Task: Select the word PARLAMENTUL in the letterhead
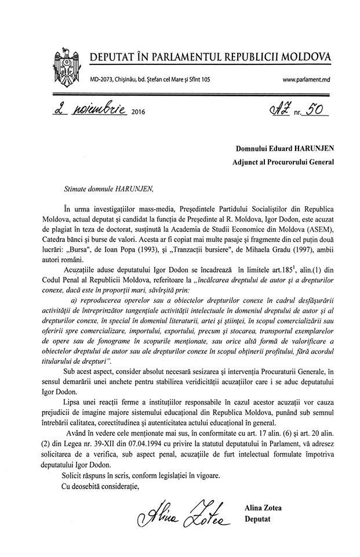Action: pyautogui.click(x=187, y=57)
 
